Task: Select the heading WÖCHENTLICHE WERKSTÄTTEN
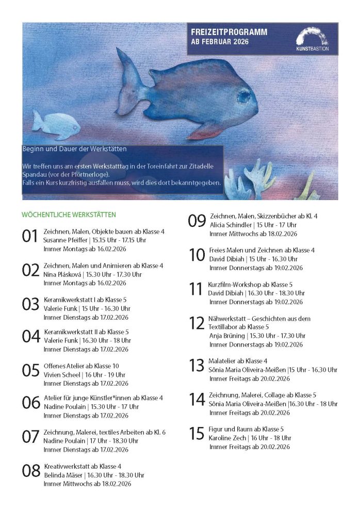point(69,214)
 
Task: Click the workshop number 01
point(30,237)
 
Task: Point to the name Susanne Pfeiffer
point(65,240)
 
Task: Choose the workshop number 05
point(30,370)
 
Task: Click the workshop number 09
point(197,221)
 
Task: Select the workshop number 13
point(197,366)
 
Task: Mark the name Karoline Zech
point(227,438)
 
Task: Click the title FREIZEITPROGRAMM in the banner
point(230,32)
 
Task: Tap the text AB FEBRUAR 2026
point(220,42)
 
